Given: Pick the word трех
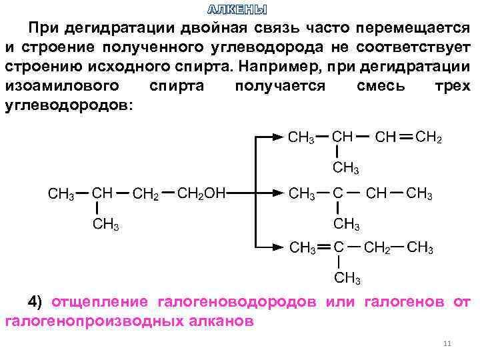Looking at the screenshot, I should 452,87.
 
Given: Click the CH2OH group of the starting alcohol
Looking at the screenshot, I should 202,193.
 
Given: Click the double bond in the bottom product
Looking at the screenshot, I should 324,248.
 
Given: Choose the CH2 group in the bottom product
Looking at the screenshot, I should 378,248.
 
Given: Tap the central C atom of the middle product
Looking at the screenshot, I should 338,193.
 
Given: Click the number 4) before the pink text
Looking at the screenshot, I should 35,301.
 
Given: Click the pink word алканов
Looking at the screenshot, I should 221,321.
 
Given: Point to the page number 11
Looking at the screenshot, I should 447,344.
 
